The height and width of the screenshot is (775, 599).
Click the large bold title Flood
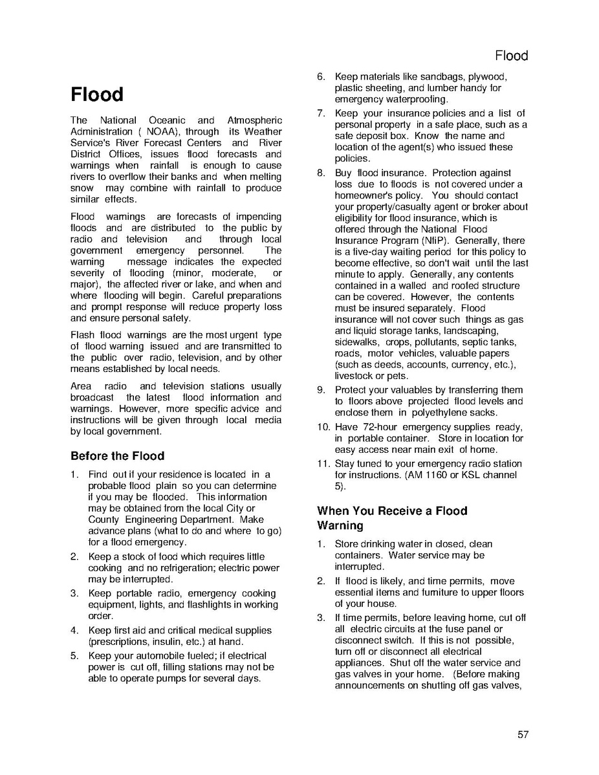[x=97, y=94]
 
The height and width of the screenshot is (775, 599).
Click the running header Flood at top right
[x=511, y=56]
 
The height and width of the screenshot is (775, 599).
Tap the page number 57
[x=523, y=734]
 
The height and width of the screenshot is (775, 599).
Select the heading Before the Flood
[x=117, y=455]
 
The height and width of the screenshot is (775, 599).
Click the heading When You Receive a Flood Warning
[x=391, y=518]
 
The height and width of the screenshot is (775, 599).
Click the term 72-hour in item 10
[x=366, y=427]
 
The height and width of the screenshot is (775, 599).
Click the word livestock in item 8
[x=354, y=376]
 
